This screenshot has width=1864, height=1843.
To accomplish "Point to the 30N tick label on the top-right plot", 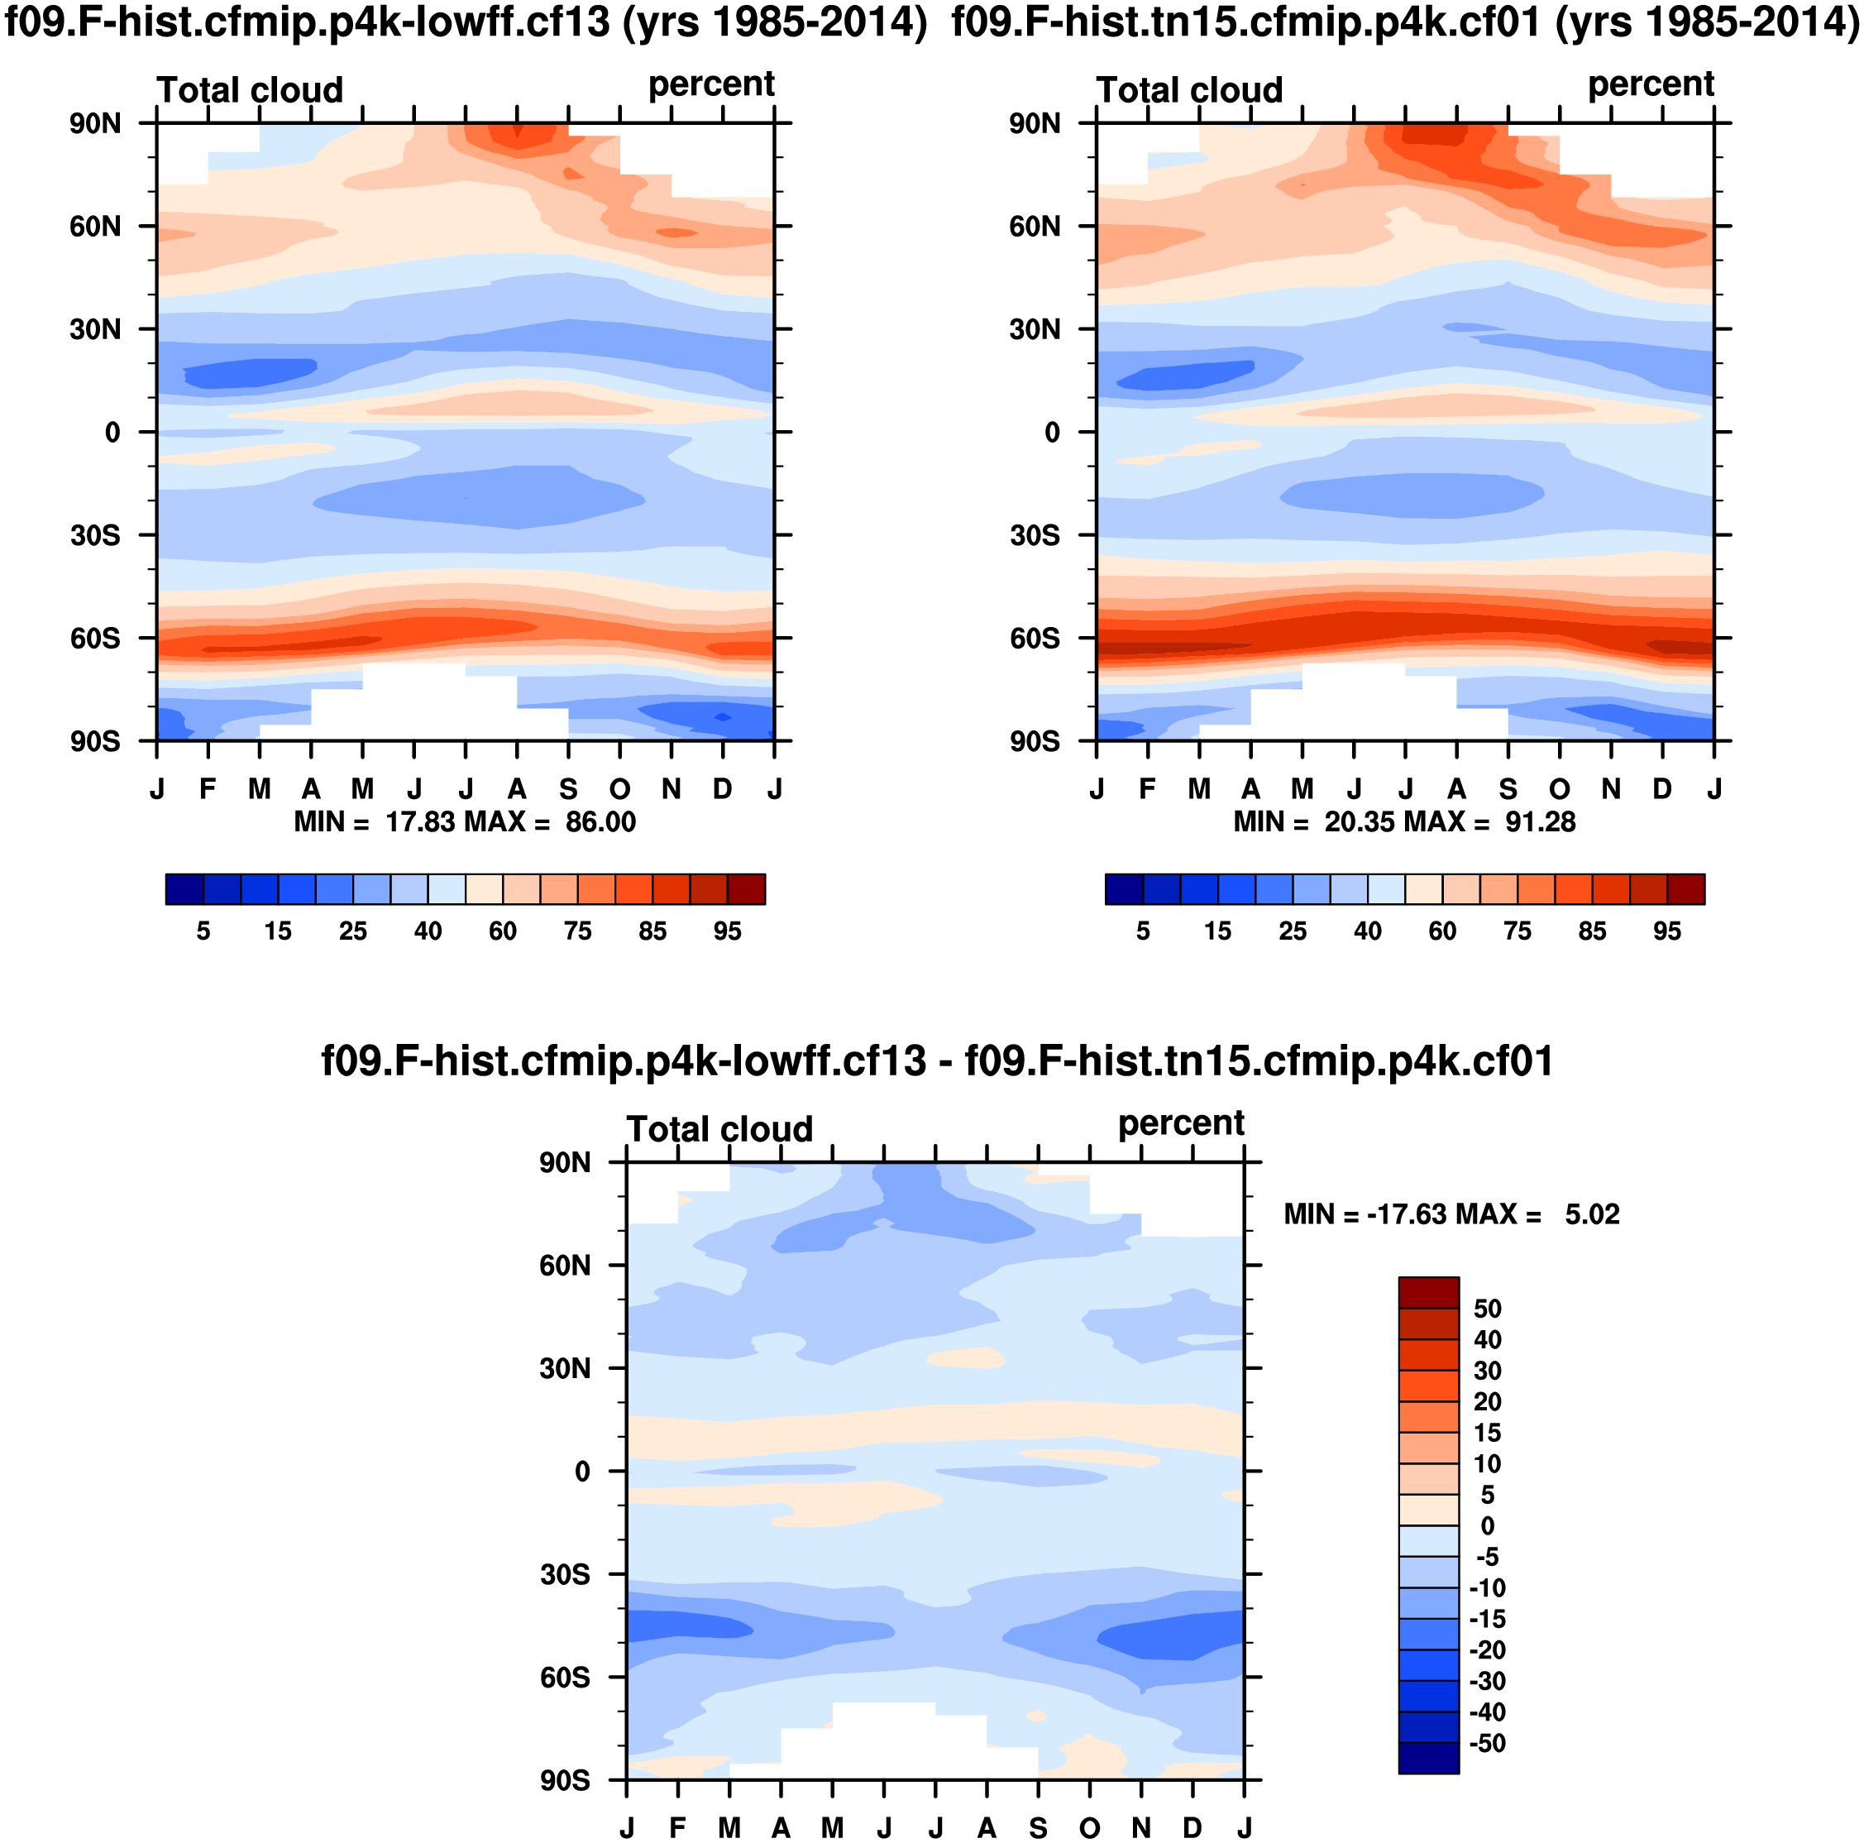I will [x=1035, y=329].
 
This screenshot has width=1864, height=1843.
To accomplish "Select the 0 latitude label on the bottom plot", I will [x=582, y=1472].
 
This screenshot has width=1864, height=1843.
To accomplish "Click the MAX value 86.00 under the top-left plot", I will [x=600, y=822].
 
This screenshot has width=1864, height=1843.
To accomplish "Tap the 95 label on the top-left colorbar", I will [x=728, y=931].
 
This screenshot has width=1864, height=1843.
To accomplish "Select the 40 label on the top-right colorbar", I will [x=1367, y=931].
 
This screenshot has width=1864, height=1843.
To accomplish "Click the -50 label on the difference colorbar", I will [x=1487, y=1743].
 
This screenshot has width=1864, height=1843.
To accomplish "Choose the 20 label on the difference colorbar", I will [x=1487, y=1401].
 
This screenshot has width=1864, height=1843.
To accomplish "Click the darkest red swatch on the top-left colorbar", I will [x=746, y=888].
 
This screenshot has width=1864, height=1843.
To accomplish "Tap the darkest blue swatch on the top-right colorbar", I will [x=1124, y=888].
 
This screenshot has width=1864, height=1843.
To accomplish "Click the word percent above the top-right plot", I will [x=1651, y=85].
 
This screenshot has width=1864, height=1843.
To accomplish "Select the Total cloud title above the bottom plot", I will [x=719, y=1129].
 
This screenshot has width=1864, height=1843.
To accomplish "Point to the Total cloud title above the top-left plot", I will [x=250, y=89].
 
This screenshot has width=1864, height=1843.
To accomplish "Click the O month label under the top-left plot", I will [x=619, y=789].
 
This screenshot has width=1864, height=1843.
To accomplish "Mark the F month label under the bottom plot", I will [x=678, y=1827].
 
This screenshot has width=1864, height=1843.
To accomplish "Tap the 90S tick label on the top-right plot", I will [x=1035, y=741].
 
